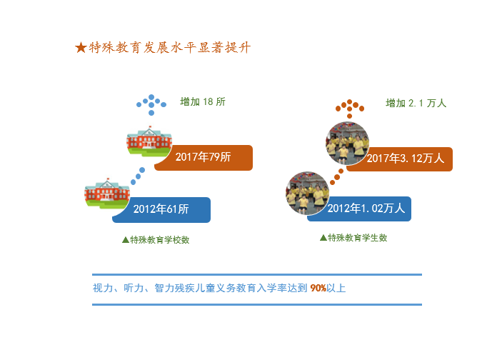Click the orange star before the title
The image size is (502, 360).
pyautogui.click(x=81, y=48)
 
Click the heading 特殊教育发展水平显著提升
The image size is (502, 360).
pyautogui.click(x=170, y=48)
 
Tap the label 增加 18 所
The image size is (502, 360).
pyautogui.click(x=203, y=101)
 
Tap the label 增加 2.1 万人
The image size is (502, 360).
pyautogui.click(x=416, y=103)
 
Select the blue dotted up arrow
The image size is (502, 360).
pyautogui.click(x=151, y=105)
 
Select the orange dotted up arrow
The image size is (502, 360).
pyautogui.click(x=350, y=109)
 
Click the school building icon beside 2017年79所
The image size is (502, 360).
pyautogui.click(x=149, y=141)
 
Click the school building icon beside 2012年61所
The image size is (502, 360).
pyautogui.click(x=107, y=193)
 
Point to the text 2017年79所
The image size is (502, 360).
pyautogui.click(x=203, y=157)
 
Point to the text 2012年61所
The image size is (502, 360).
pyautogui.click(x=161, y=209)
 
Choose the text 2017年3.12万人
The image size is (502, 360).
pyautogui.click(x=406, y=159)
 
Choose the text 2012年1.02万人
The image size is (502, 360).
pyautogui.click(x=366, y=209)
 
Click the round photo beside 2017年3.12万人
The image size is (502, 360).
pyautogui.click(x=347, y=143)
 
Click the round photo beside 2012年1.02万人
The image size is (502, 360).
pyautogui.click(x=307, y=193)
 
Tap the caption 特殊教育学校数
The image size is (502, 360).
pyautogui.click(x=159, y=240)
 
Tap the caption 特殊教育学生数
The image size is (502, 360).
pyautogui.click(x=357, y=238)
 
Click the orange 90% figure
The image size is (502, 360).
pyautogui.click(x=318, y=289)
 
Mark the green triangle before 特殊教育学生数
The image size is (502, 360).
pyautogui.click(x=323, y=238)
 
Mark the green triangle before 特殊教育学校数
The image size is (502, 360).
pyautogui.click(x=126, y=240)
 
